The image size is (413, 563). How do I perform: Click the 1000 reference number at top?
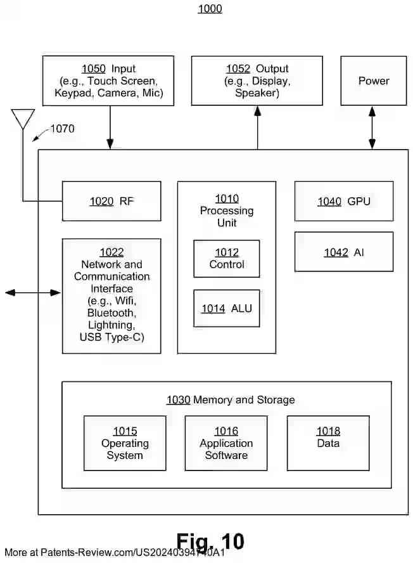(x=210, y=9)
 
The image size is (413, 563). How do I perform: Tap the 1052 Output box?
(x=257, y=81)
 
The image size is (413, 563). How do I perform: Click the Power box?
(x=374, y=81)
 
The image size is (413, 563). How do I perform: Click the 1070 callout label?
(x=62, y=129)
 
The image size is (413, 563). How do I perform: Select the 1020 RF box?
(x=111, y=202)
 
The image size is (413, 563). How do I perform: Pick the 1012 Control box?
(x=226, y=259)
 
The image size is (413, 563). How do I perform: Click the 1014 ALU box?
(x=226, y=308)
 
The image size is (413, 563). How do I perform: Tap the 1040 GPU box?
(x=343, y=202)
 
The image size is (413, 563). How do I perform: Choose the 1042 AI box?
(x=343, y=252)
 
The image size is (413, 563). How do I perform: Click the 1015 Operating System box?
(x=125, y=443)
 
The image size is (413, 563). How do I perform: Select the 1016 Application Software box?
(x=226, y=443)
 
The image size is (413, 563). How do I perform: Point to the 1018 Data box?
(x=327, y=443)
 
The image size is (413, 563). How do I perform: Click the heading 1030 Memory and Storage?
(x=231, y=400)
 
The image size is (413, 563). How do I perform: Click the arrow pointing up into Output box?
(x=257, y=127)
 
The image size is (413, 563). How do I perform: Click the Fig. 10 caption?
(x=210, y=541)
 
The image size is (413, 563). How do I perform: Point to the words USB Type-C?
(x=111, y=337)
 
